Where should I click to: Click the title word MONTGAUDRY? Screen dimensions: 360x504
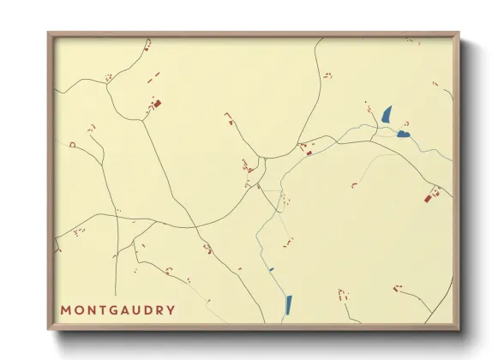118,310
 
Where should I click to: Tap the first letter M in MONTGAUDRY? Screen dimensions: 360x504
66,310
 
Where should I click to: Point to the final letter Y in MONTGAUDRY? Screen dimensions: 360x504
171,310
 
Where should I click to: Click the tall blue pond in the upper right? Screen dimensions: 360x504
387,115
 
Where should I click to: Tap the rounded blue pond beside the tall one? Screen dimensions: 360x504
403,134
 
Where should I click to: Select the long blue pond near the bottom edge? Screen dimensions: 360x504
288,304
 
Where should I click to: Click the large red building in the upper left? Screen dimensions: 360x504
157,105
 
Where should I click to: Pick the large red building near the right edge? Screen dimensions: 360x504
428,199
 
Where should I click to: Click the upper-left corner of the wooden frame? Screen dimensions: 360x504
49,34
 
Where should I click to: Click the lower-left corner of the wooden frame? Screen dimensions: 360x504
49,328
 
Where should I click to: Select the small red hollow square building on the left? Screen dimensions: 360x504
73,144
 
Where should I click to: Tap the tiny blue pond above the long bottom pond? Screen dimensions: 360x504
271,270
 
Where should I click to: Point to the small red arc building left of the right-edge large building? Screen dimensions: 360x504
353,184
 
